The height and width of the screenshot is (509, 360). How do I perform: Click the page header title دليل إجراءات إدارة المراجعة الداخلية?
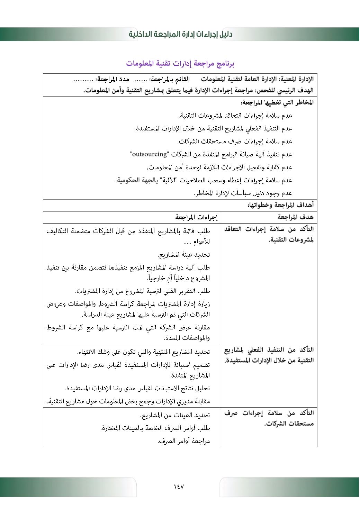point(180,34)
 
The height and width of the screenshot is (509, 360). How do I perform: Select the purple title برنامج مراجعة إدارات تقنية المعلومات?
point(180,64)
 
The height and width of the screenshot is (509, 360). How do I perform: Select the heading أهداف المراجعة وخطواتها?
point(281,205)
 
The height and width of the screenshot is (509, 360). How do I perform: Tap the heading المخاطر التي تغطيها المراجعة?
point(277,102)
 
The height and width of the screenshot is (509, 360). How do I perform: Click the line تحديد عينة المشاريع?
point(184,255)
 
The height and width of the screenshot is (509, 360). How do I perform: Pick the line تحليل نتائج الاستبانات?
point(137,388)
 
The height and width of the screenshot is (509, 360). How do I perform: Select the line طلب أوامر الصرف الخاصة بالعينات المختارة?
point(155,428)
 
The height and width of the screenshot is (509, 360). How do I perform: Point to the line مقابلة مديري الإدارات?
point(128,401)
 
